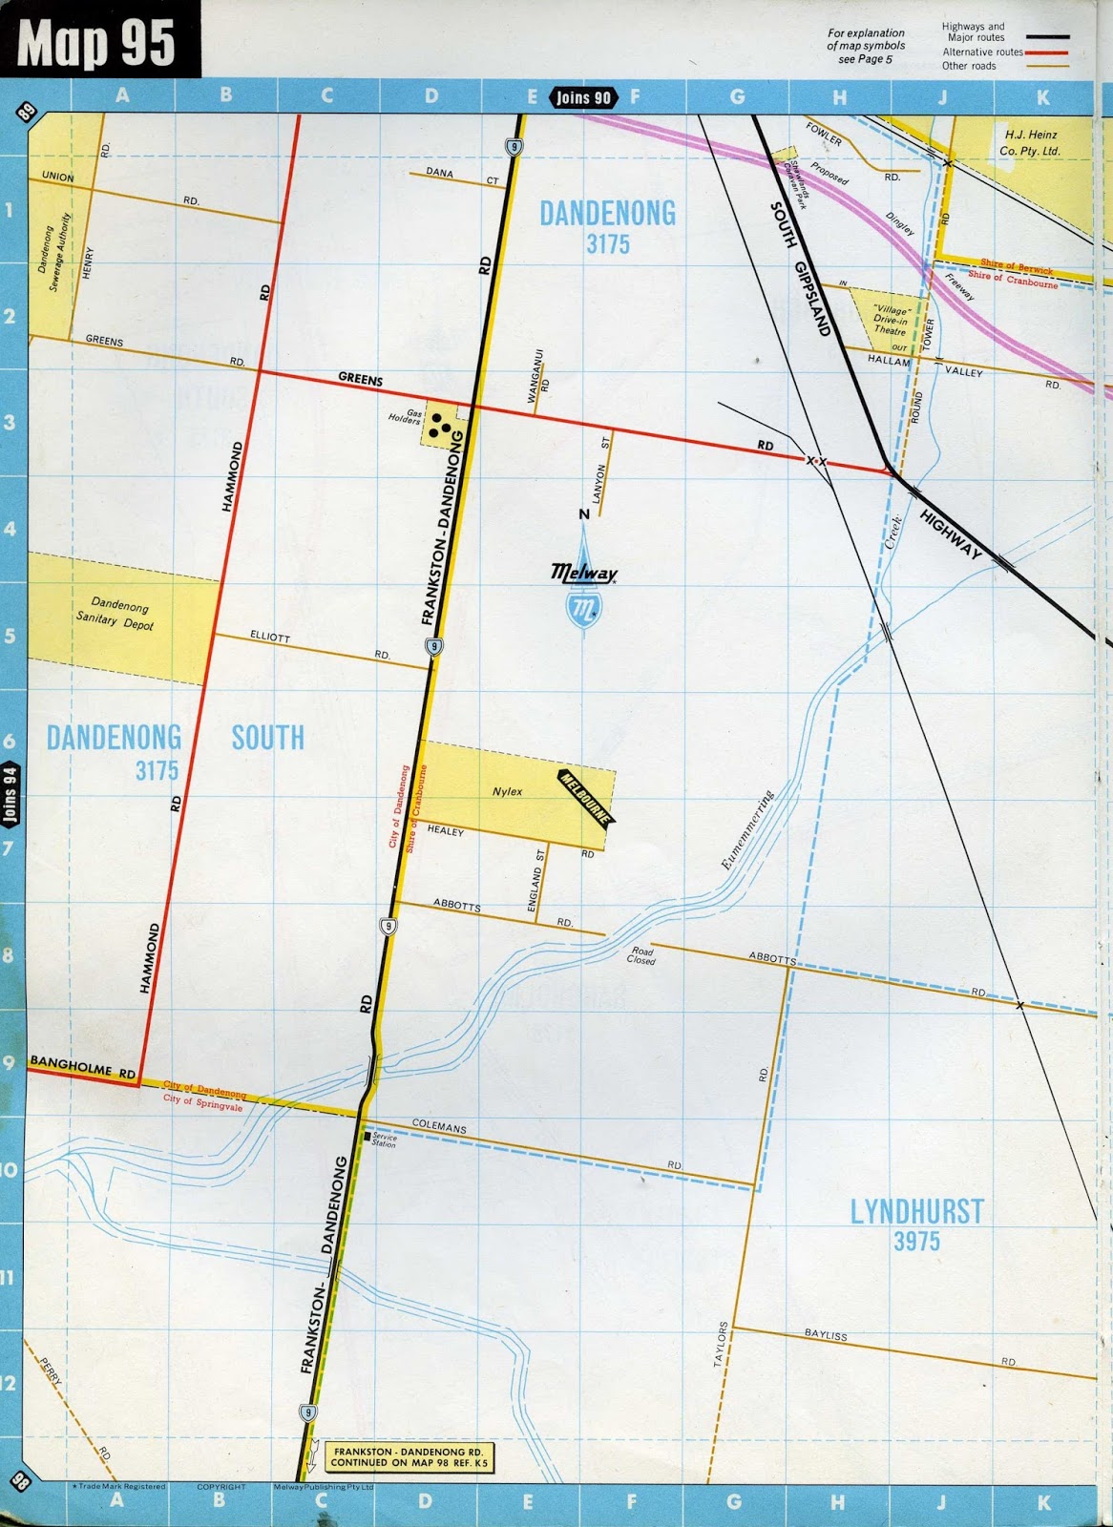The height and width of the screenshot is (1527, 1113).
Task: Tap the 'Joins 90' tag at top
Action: pos(582,97)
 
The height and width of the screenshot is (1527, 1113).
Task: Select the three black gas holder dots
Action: pos(439,425)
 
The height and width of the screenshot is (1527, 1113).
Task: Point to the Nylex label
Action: pos(507,791)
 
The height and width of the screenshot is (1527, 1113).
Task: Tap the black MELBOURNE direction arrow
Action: pos(586,795)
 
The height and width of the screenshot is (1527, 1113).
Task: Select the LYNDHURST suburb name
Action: pos(916,1211)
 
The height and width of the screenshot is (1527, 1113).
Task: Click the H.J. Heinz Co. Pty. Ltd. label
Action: pos(1029,143)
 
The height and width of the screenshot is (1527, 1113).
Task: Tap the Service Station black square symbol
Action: pos(366,1136)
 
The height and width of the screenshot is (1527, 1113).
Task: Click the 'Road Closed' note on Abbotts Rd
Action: pos(641,955)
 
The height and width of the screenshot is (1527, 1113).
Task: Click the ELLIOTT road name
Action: pos(269,636)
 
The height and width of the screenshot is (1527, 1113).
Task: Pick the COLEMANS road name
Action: pos(439,1127)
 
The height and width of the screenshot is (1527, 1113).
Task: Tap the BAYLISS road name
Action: pos(825,1335)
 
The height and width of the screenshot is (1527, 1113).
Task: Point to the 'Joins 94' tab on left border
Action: pos(10,794)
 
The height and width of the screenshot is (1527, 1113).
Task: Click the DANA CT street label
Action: pos(440,173)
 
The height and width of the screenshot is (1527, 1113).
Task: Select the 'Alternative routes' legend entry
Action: pos(982,52)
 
